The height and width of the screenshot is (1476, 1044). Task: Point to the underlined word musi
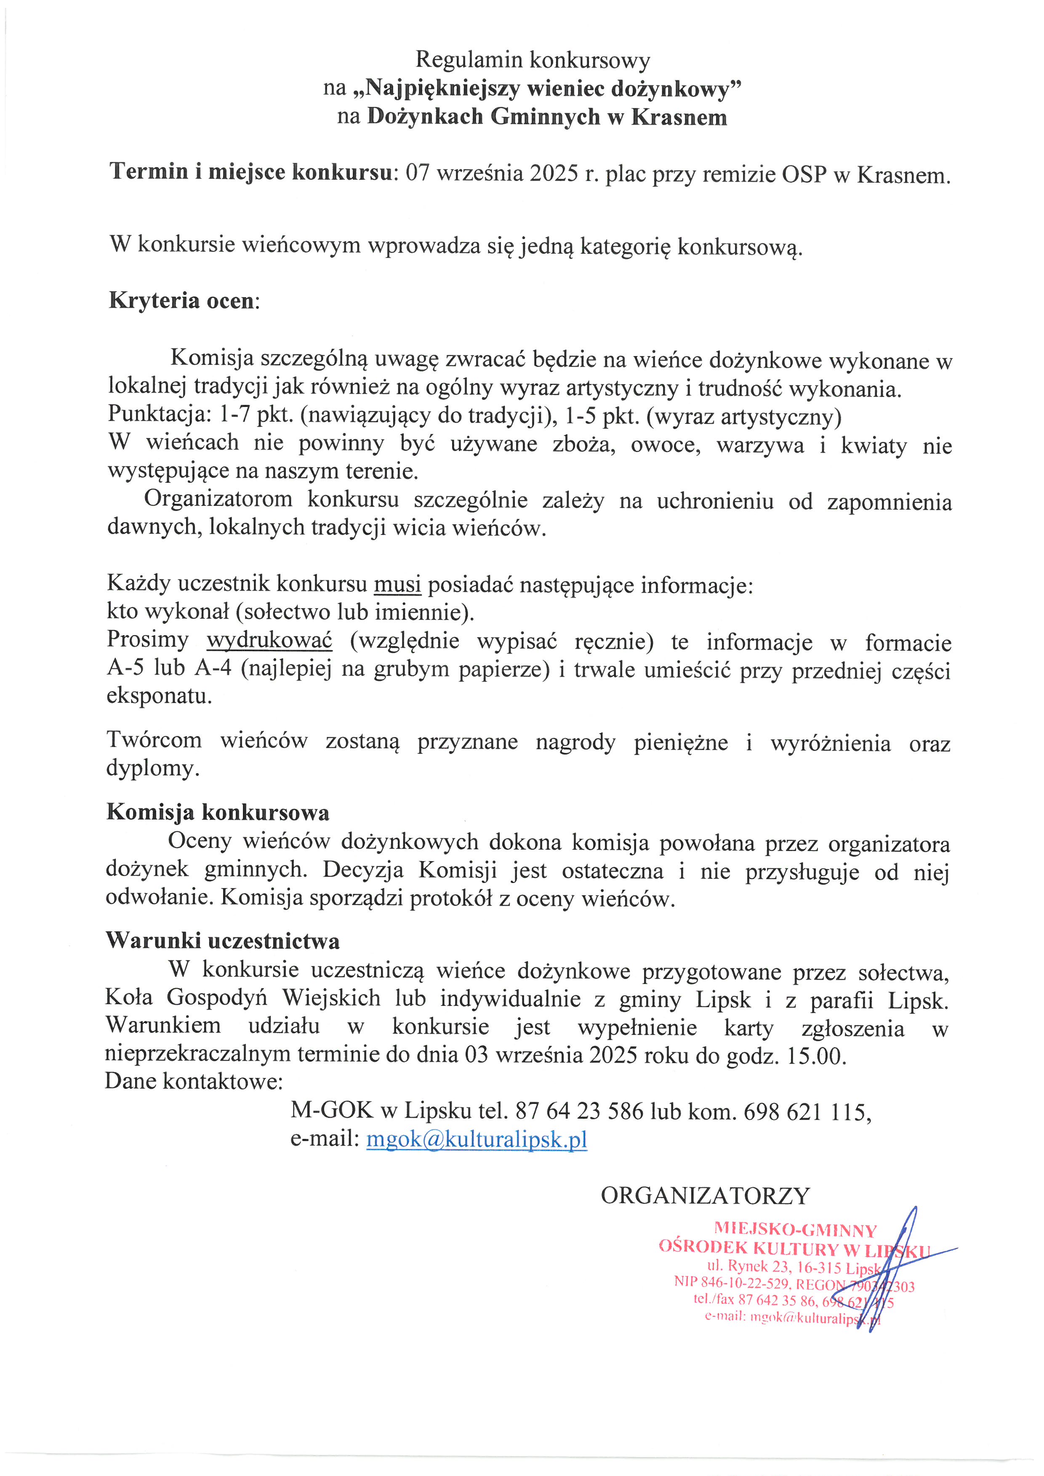(x=397, y=584)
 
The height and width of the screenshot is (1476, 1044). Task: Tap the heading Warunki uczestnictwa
(x=222, y=941)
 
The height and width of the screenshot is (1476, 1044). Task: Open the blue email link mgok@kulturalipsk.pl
(x=477, y=1139)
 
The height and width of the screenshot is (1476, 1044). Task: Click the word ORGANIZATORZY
(x=705, y=1195)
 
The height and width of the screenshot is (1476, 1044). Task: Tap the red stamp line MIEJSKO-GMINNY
(x=795, y=1231)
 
